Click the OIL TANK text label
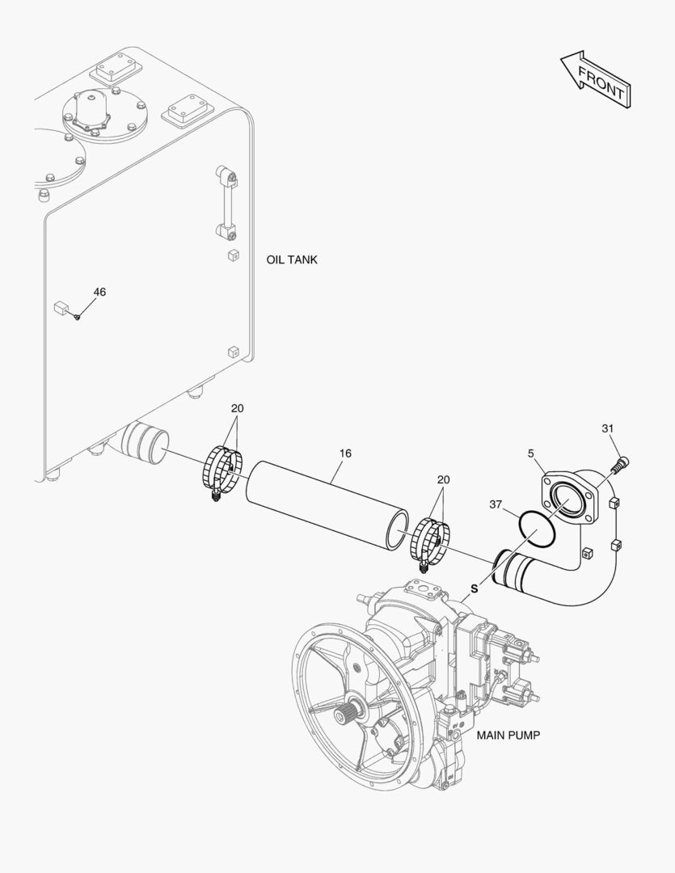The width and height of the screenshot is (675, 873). click(x=292, y=260)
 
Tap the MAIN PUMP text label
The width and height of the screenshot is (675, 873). click(x=508, y=736)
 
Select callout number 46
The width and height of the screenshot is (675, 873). click(x=99, y=292)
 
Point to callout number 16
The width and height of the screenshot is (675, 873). click(x=345, y=453)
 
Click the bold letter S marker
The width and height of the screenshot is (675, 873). click(x=475, y=588)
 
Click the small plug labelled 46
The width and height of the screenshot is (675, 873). click(x=77, y=316)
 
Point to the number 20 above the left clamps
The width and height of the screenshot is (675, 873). click(x=237, y=407)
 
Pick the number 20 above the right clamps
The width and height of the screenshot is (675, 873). click(x=443, y=479)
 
